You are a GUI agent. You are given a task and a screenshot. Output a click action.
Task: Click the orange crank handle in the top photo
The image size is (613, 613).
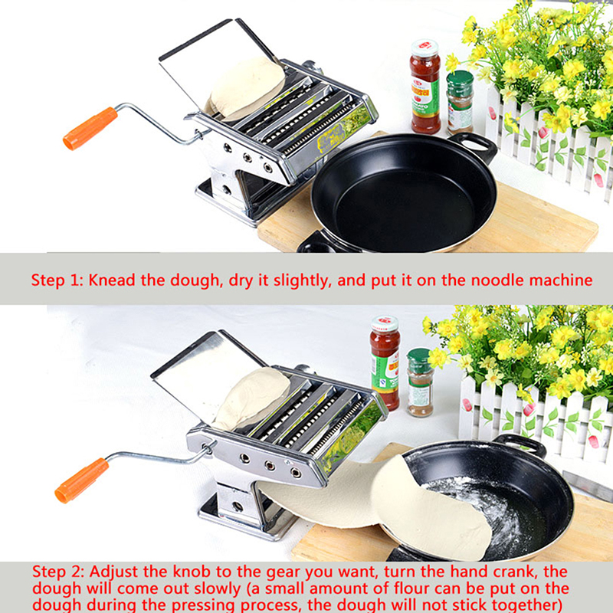[90, 128]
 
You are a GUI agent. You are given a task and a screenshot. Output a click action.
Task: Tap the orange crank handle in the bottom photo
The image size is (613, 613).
[82, 480]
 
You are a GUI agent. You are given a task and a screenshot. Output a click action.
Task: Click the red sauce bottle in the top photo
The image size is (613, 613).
[425, 87]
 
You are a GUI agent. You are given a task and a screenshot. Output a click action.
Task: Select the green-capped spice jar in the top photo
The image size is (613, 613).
[461, 102]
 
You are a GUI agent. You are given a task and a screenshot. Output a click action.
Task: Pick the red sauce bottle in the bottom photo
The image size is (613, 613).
[385, 362]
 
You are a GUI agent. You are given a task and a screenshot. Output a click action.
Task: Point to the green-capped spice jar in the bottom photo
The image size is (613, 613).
[420, 382]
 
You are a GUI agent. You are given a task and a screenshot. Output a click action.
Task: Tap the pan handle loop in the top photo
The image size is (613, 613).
[474, 146]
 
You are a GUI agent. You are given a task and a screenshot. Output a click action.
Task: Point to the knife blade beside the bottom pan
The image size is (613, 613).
[587, 486]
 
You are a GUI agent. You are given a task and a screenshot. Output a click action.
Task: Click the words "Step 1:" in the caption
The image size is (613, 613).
[57, 280]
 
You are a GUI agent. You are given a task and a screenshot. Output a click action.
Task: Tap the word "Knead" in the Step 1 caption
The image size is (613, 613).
[112, 280]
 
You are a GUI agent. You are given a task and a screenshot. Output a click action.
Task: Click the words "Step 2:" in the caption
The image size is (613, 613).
[58, 572]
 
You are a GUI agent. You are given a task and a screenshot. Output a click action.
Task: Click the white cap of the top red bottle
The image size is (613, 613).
[425, 48]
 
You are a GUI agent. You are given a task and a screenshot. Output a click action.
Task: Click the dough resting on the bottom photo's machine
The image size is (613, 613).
[251, 399]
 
